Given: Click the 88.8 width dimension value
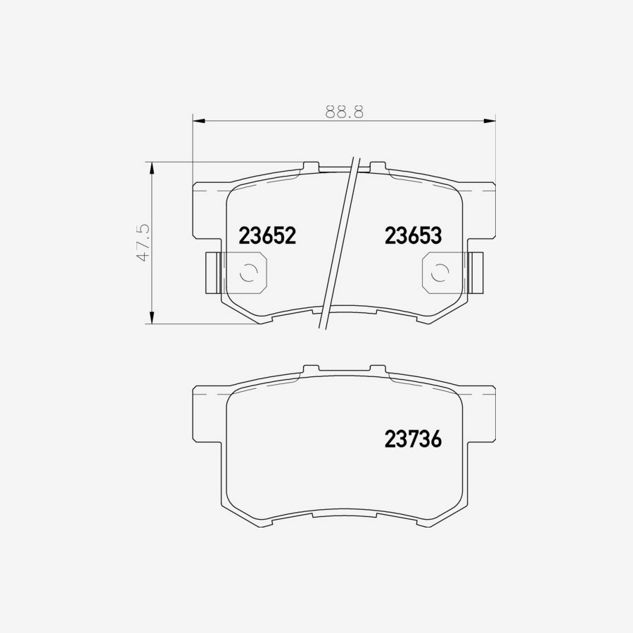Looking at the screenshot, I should coord(344,111).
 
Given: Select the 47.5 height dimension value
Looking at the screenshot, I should coord(143,243).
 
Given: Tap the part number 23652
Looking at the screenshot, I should coord(267,236).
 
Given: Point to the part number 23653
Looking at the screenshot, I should coord(413,236).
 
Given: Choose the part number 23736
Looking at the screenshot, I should coord(413,439).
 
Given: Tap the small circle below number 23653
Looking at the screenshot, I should coord(439,272).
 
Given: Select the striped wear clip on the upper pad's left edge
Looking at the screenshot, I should coord(211,272).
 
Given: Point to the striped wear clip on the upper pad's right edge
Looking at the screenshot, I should coord(477,272).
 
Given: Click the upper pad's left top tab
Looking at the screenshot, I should coord(310,167).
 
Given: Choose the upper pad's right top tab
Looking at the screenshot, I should coord(378,167).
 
